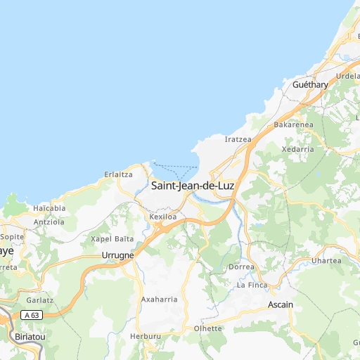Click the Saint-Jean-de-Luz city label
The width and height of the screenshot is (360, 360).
[x=192, y=186]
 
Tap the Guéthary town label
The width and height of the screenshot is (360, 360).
[x=310, y=84]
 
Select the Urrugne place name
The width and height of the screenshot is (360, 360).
[x=117, y=255]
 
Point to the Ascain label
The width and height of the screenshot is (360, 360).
[x=281, y=304]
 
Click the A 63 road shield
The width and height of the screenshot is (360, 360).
[x=30, y=314]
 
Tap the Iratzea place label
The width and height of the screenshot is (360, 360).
[x=238, y=139]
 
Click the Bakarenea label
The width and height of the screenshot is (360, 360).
[x=293, y=124]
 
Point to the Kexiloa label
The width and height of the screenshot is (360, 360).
[x=163, y=217]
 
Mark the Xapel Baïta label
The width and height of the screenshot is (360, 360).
[x=112, y=239]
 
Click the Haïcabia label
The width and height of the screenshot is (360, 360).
[x=49, y=208]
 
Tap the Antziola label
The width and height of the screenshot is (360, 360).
[x=49, y=221]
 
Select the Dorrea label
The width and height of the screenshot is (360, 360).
[x=242, y=267]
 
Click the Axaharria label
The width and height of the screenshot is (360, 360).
[x=160, y=299]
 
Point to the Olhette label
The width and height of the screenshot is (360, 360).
[x=208, y=328]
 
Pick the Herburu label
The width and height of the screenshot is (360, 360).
[x=146, y=337]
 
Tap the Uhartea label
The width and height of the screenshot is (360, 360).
[x=326, y=261]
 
